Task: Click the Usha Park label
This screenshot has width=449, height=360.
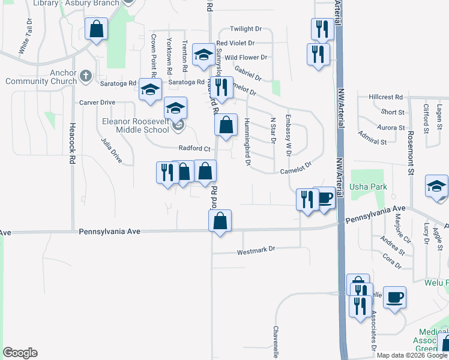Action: [369, 187]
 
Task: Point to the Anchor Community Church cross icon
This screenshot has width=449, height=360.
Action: [86, 76]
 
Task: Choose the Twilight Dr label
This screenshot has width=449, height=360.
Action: [247, 29]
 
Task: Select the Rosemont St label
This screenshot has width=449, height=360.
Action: [412, 163]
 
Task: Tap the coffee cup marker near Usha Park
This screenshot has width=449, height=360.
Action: [325, 197]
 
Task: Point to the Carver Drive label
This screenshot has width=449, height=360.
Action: [97, 103]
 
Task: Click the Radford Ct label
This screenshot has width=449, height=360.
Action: [194, 149]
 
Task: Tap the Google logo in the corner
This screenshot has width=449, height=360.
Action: [20, 353]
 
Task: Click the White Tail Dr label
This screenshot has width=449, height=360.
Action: [26, 37]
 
